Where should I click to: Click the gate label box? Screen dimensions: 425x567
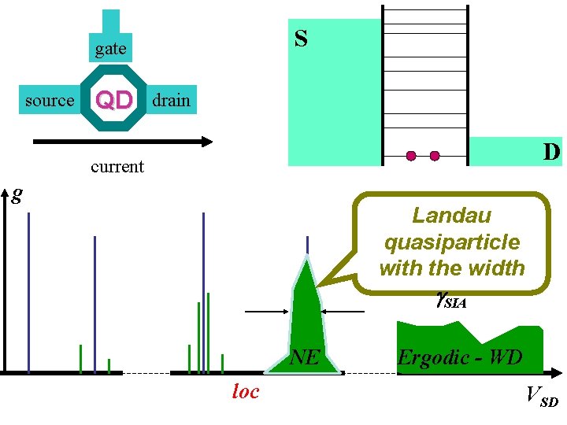click(x=110, y=49)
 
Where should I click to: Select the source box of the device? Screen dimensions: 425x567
click(x=49, y=101)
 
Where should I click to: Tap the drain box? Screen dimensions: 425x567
click(x=171, y=100)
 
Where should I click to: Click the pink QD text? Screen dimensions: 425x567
click(x=113, y=101)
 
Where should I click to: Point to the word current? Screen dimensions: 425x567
click(x=117, y=166)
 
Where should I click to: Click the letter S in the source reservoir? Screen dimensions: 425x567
click(x=301, y=38)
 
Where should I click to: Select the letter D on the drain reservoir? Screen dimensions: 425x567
click(x=551, y=151)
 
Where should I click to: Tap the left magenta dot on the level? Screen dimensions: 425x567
click(x=411, y=156)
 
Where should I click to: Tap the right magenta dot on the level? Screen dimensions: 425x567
click(x=435, y=156)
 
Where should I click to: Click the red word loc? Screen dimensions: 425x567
click(x=245, y=391)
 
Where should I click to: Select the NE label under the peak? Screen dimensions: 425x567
click(x=304, y=358)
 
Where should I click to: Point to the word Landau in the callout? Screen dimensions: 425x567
click(x=451, y=215)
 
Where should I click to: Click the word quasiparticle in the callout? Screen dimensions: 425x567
click(x=451, y=242)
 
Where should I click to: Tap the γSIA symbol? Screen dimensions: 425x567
click(x=450, y=297)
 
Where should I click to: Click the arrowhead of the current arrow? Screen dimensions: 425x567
click(x=207, y=142)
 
